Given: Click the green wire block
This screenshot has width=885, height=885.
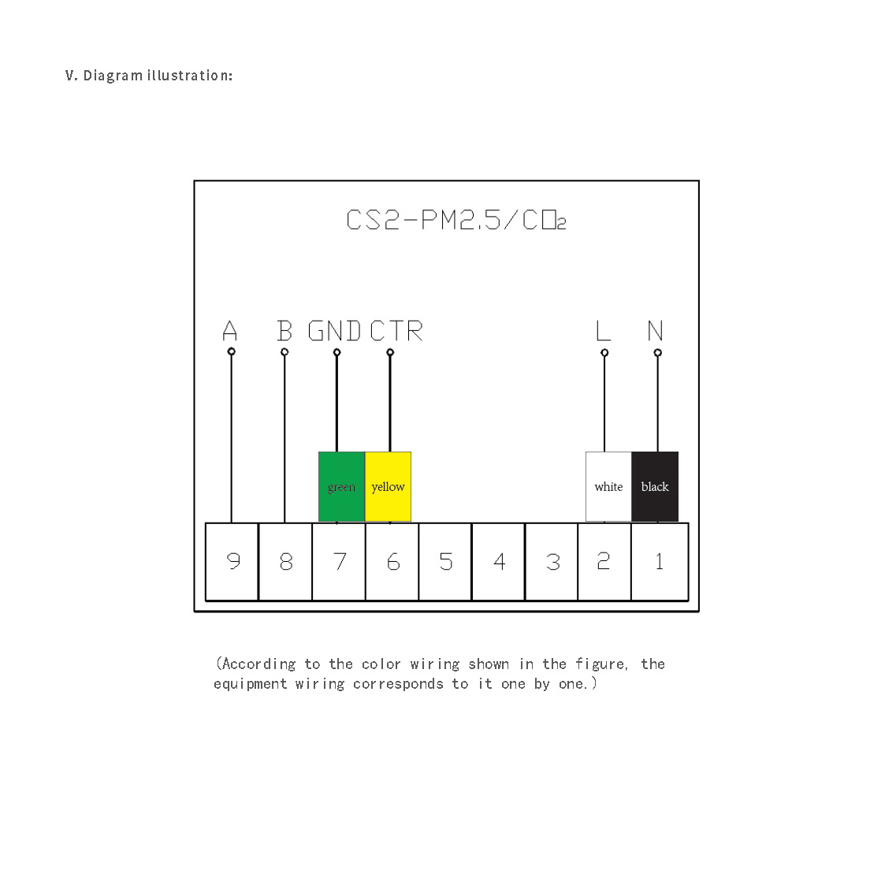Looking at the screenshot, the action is click(341, 486).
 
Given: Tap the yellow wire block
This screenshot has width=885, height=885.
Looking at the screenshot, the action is click(388, 486).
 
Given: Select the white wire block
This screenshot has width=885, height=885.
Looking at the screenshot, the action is click(608, 486).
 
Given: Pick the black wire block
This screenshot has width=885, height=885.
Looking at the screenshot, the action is click(655, 486).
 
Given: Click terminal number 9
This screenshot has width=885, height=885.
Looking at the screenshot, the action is click(232, 561).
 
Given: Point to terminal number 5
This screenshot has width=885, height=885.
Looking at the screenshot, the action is click(446, 561).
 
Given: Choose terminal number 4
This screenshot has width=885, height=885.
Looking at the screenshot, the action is click(499, 561).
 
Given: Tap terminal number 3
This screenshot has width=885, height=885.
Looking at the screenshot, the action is click(552, 561).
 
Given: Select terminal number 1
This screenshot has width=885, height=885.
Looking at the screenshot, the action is click(660, 561).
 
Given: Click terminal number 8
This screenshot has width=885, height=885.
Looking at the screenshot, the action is click(286, 561).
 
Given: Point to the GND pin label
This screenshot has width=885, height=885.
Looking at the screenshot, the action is click(334, 331).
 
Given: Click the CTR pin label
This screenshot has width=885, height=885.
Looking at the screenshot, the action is click(396, 331).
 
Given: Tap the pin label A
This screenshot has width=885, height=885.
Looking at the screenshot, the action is click(230, 331).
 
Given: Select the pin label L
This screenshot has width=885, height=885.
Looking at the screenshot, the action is click(603, 331).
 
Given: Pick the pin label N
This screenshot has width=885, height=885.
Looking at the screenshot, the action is click(656, 331).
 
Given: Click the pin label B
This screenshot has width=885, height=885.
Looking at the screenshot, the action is click(284, 331).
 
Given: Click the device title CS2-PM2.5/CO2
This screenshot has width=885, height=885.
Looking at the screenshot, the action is click(456, 220).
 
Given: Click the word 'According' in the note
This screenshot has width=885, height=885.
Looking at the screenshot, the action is click(258, 664).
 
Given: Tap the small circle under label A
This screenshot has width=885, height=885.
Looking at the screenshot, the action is click(231, 351).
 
